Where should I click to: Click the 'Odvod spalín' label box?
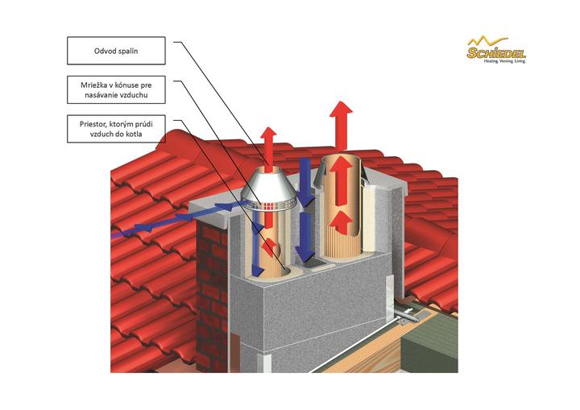coord(116,51)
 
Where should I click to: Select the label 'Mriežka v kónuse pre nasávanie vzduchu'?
coord(116,90)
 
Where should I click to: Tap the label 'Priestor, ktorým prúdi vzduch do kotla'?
coord(116,129)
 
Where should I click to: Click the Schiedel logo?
coord(496,50)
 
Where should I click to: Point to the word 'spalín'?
coord(126,51)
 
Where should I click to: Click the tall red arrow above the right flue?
coord(342,126)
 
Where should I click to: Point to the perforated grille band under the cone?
coord(269,205)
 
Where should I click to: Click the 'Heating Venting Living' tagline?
coord(504,61)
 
